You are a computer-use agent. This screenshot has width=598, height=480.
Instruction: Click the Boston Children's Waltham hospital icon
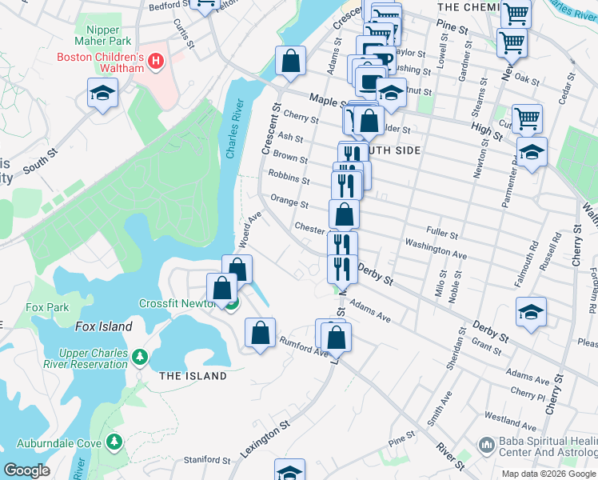(156, 60)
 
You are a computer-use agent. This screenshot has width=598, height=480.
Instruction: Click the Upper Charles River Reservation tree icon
(140, 354)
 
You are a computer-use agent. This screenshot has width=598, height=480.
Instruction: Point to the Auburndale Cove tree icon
(114, 441)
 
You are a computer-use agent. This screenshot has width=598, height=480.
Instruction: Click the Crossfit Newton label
(179, 304)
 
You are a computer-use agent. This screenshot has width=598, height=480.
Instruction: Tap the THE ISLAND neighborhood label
(193, 376)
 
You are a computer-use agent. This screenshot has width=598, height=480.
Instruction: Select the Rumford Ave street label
(304, 346)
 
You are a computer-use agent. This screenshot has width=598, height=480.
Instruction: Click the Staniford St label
(207, 460)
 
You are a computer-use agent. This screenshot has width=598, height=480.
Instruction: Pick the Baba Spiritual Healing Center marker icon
(485, 444)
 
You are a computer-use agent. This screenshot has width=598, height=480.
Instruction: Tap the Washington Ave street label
(436, 248)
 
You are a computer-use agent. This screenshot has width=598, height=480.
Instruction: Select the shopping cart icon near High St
(527, 119)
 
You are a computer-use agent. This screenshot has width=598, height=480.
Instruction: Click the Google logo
(27, 470)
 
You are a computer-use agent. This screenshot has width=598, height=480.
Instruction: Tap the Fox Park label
(47, 307)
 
